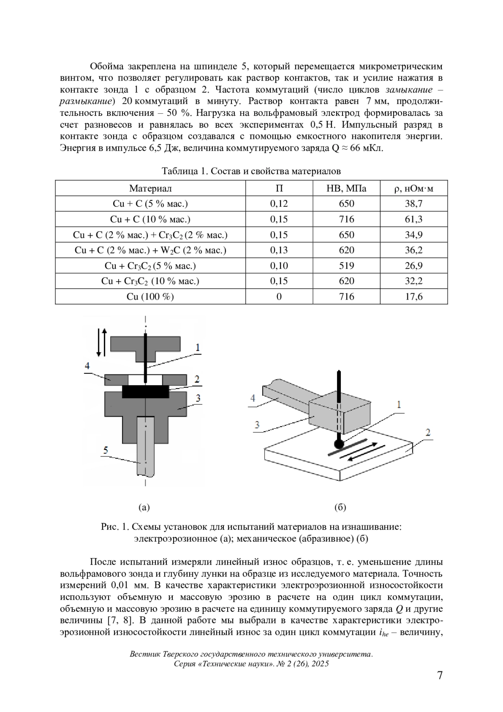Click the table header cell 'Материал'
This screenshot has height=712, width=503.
point(150,188)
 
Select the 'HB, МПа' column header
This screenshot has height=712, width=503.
point(346,188)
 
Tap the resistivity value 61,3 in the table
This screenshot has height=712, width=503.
point(413,219)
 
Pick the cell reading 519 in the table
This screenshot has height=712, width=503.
point(346,266)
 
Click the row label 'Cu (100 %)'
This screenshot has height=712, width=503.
point(150,297)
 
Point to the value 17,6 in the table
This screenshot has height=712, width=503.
point(413,297)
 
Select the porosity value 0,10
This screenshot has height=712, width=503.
point(279,266)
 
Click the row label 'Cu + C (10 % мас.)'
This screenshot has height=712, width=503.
point(150,219)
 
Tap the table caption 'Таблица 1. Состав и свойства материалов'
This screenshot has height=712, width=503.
point(251,171)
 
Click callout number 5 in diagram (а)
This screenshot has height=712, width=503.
point(106,450)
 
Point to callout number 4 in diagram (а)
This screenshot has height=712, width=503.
point(87,366)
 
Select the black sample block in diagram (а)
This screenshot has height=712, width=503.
point(145,391)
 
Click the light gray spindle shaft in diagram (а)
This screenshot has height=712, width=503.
point(145,445)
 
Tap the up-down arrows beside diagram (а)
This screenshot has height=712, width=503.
point(101,342)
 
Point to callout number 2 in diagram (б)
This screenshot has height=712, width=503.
point(428,432)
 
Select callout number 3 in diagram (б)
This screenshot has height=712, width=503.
point(257,425)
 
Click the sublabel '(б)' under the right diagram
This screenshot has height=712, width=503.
point(340,507)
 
